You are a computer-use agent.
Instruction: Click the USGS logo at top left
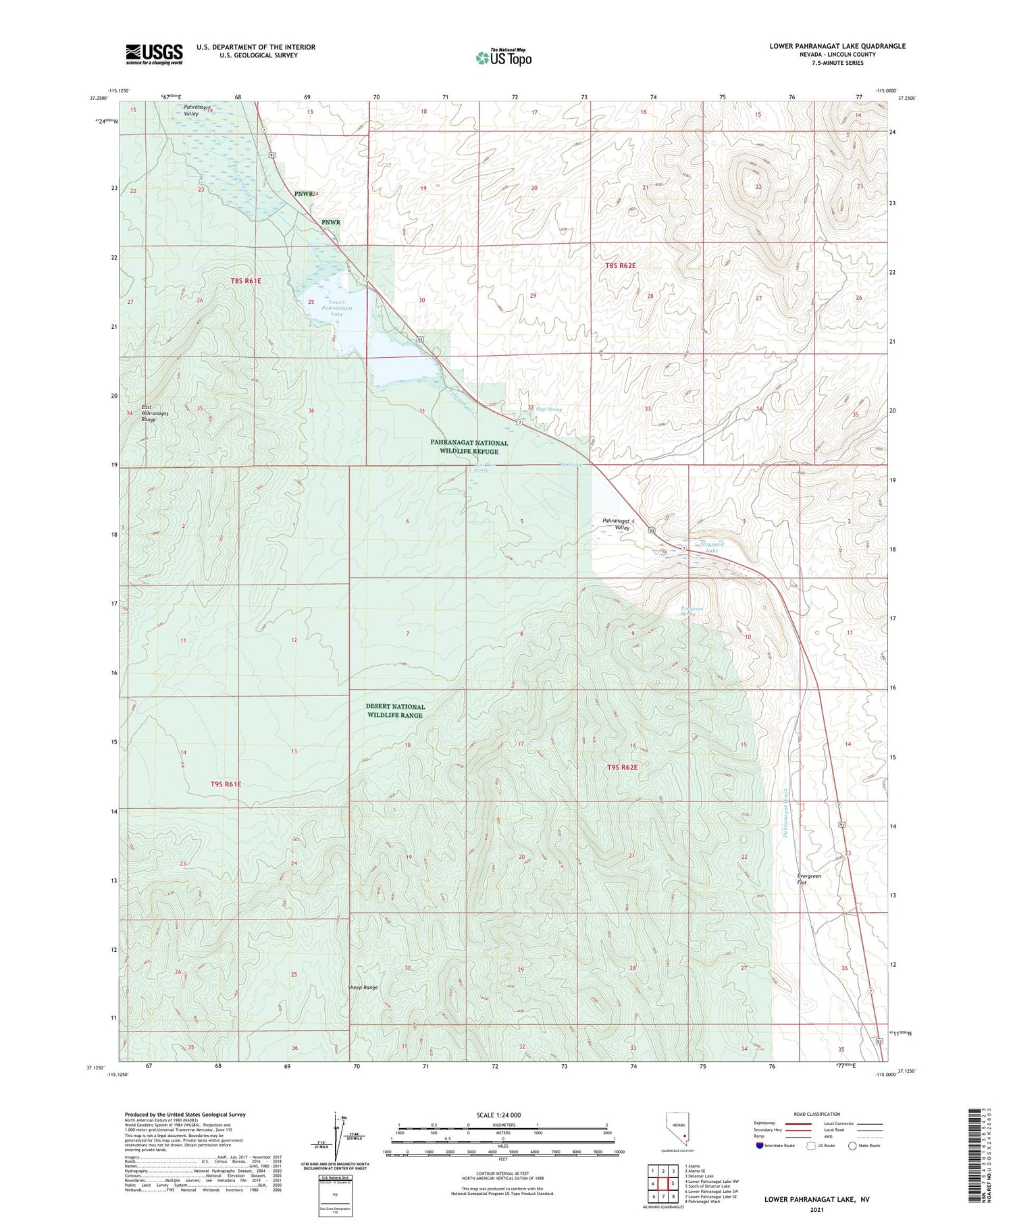[154, 54]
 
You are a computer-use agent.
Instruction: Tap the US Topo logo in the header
[503, 57]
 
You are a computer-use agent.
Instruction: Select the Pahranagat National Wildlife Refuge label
[469, 447]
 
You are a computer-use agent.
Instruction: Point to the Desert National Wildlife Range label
[395, 710]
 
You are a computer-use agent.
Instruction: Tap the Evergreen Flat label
[809, 879]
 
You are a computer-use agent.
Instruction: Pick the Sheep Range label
[363, 987]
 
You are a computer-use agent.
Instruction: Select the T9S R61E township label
[226, 784]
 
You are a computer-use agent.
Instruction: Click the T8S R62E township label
[620, 265]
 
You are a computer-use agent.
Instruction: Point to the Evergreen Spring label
[692, 612]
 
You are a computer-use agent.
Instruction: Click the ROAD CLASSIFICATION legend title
[817, 1114]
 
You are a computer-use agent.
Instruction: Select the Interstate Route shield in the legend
[760, 1146]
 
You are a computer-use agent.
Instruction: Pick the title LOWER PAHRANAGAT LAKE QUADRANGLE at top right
[837, 46]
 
